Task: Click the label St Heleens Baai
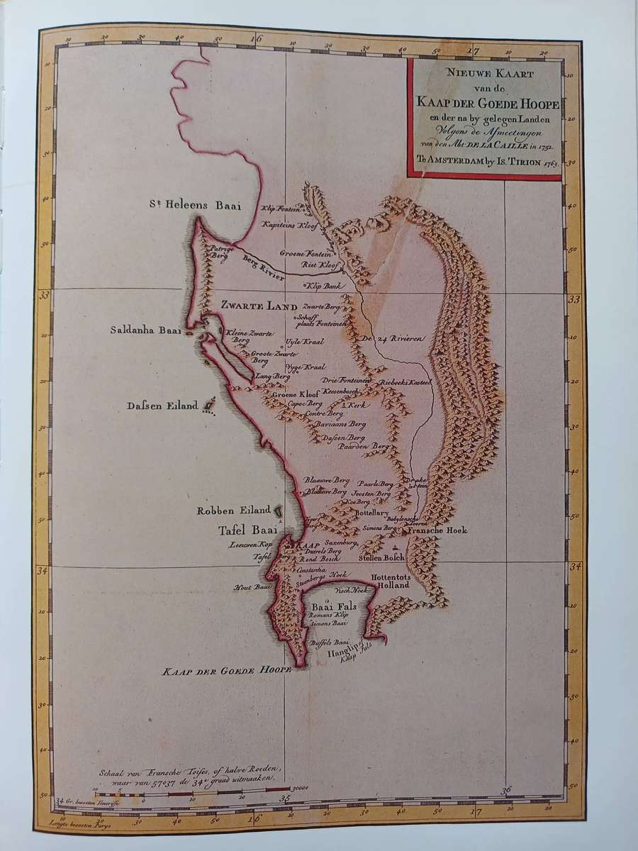pos(194,206)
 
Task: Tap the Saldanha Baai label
pos(146,330)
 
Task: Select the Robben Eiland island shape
pos(278,510)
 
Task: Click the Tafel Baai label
pos(247,528)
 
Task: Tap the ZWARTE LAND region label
pos(257,306)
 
